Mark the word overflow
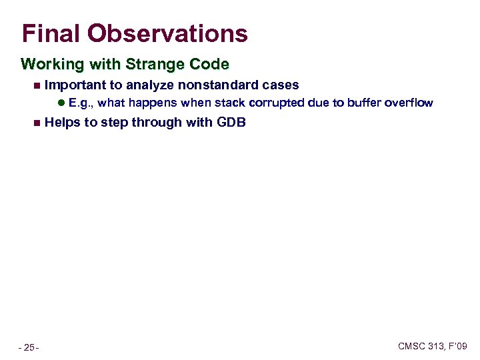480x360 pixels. [x=409, y=103]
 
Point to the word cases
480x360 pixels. [x=281, y=85]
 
